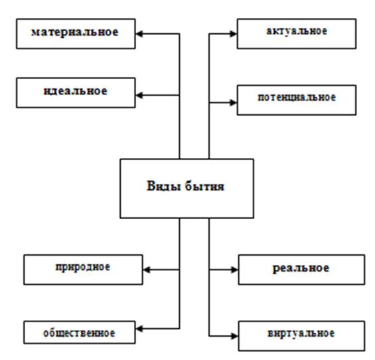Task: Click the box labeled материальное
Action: (x=76, y=34)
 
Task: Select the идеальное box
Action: (x=76, y=92)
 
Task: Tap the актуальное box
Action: (x=297, y=34)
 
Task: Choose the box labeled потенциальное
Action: (x=297, y=100)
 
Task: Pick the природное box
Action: (x=83, y=270)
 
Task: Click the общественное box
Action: (x=80, y=333)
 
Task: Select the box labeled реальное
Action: (x=301, y=270)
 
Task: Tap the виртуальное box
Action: (x=301, y=336)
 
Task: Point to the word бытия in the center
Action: (x=205, y=186)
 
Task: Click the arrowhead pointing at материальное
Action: (x=139, y=34)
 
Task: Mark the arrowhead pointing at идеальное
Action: (x=139, y=95)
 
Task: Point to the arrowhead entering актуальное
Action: (x=233, y=34)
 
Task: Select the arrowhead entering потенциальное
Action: (x=233, y=103)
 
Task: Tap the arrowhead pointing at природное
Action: (x=147, y=270)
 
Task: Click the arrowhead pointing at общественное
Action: (x=139, y=329)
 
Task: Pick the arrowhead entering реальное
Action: (x=234, y=270)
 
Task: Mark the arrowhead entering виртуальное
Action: (x=234, y=336)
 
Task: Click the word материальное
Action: (x=75, y=32)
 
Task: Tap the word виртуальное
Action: (x=301, y=333)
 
